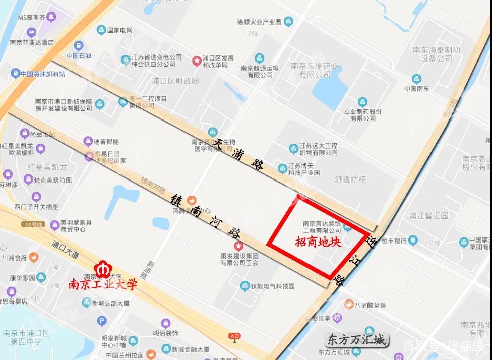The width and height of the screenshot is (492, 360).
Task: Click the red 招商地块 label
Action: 318,242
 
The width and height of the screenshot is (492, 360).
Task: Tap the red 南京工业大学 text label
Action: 103,285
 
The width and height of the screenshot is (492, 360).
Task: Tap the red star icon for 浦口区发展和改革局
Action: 196,61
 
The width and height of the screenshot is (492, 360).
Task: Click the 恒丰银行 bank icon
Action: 413,241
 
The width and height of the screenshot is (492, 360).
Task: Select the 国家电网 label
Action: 119,30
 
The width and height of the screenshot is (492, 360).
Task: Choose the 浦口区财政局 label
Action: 175,81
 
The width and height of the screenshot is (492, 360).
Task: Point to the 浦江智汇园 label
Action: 428,216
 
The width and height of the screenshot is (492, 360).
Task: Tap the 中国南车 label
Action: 416,89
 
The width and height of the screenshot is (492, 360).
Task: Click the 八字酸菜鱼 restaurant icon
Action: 348,305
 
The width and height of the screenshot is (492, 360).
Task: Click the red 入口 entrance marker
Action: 234,336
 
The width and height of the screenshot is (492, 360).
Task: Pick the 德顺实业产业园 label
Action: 259,22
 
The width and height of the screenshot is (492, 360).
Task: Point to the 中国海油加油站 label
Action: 42,74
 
